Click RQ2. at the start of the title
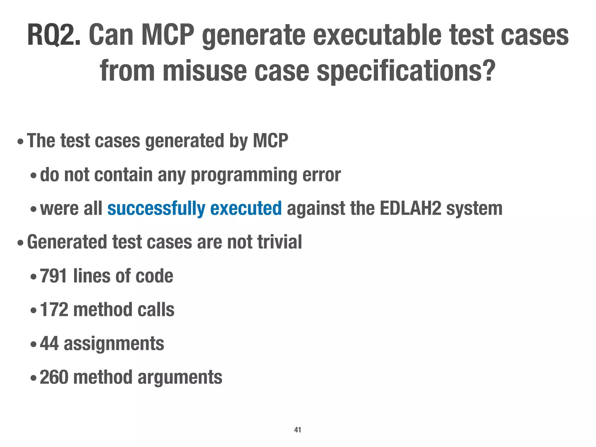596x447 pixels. [54, 36]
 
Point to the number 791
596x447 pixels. [54, 276]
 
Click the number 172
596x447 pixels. [54, 310]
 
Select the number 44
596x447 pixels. [49, 343]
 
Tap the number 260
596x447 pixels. [54, 377]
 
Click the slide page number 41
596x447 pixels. [298, 430]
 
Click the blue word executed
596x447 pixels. [246, 209]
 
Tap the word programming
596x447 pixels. [244, 175]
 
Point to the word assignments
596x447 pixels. [114, 343]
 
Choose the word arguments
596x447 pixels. [180, 377]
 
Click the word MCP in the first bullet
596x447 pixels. [270, 141]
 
